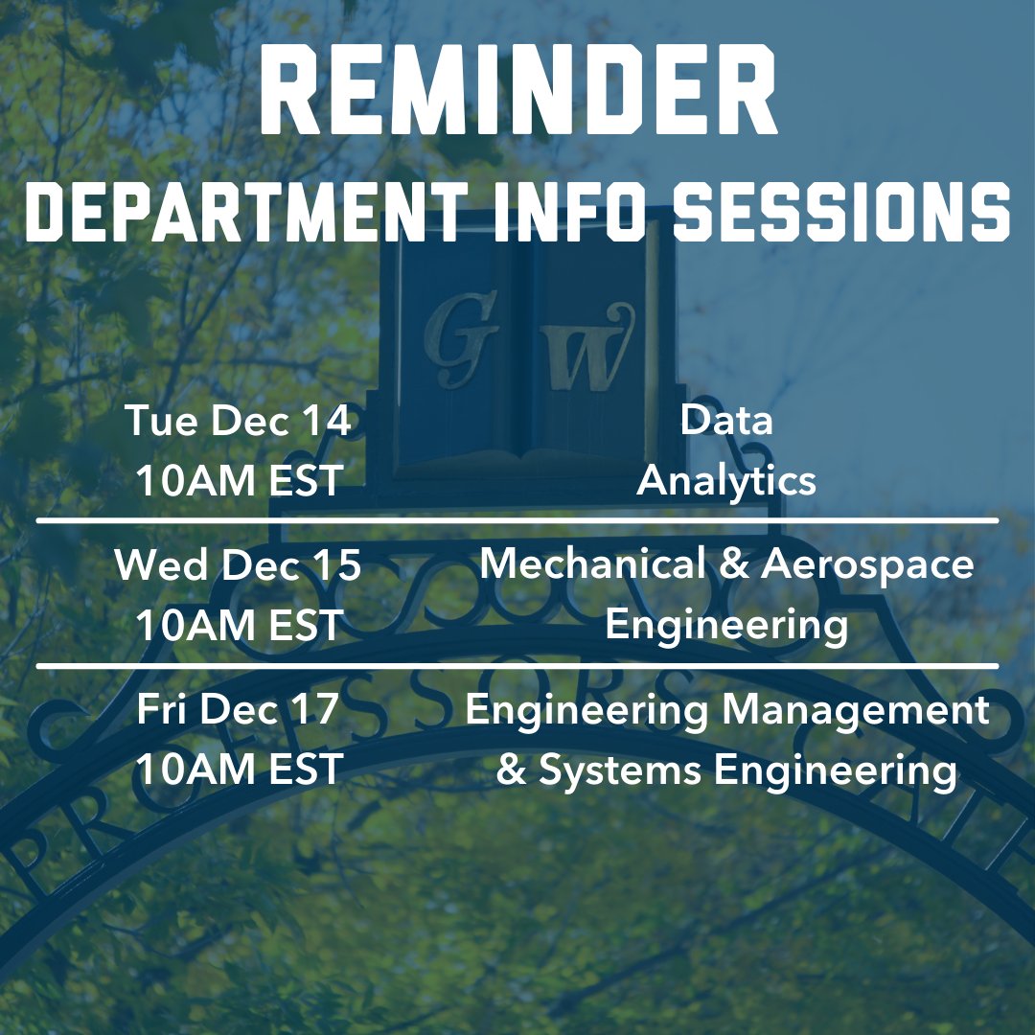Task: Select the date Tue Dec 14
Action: pos(238,422)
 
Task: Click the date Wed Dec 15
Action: pos(238,565)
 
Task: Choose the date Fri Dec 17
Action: pos(238,710)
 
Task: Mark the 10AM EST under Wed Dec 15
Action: pos(238,626)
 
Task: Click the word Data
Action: pos(726,422)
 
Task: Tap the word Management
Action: pos(855,710)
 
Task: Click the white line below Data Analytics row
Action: pos(517,521)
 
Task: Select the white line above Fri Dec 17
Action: pos(517,665)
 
